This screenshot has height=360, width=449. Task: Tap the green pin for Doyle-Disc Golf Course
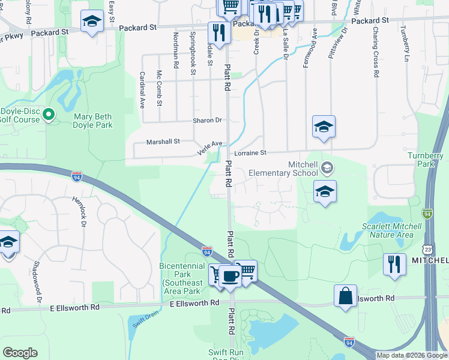coord(49,113)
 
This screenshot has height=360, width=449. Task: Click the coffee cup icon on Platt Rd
coord(230,276)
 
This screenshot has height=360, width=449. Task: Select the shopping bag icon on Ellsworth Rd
coord(346,296)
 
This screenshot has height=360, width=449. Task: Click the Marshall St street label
coord(163,142)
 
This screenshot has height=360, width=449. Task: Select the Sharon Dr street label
coord(207,121)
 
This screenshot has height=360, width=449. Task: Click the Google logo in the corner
coord(20,353)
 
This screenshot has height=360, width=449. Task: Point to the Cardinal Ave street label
coord(142,90)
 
